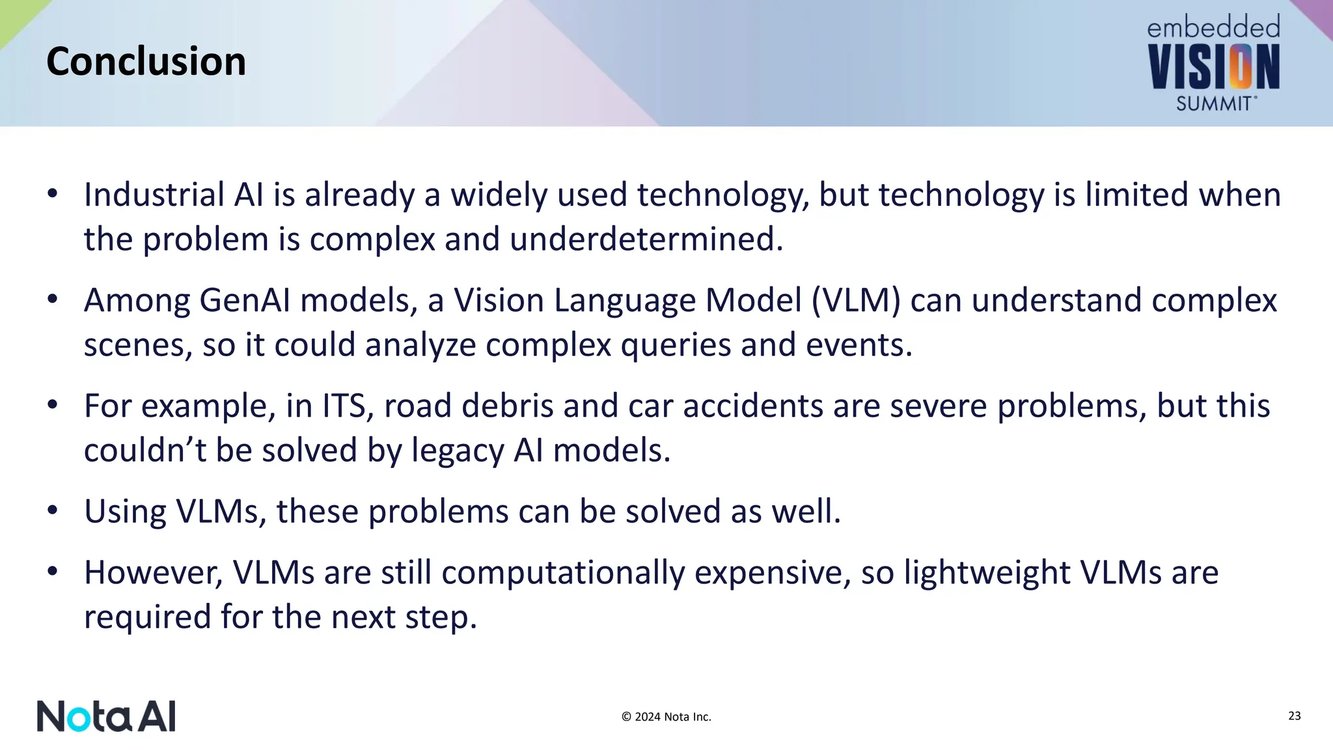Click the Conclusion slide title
coord(146,62)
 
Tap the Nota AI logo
coord(106,716)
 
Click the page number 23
coord(1294,716)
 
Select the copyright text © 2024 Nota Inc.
coord(666,717)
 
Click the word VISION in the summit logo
coord(1213,67)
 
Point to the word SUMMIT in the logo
coord(1213,104)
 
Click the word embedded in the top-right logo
coord(1213,28)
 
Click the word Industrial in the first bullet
coord(154,195)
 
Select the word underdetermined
coord(646,239)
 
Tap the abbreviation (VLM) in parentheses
coord(856,301)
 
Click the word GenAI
coord(245,301)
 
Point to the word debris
coord(508,406)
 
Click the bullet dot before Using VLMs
coord(53,510)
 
